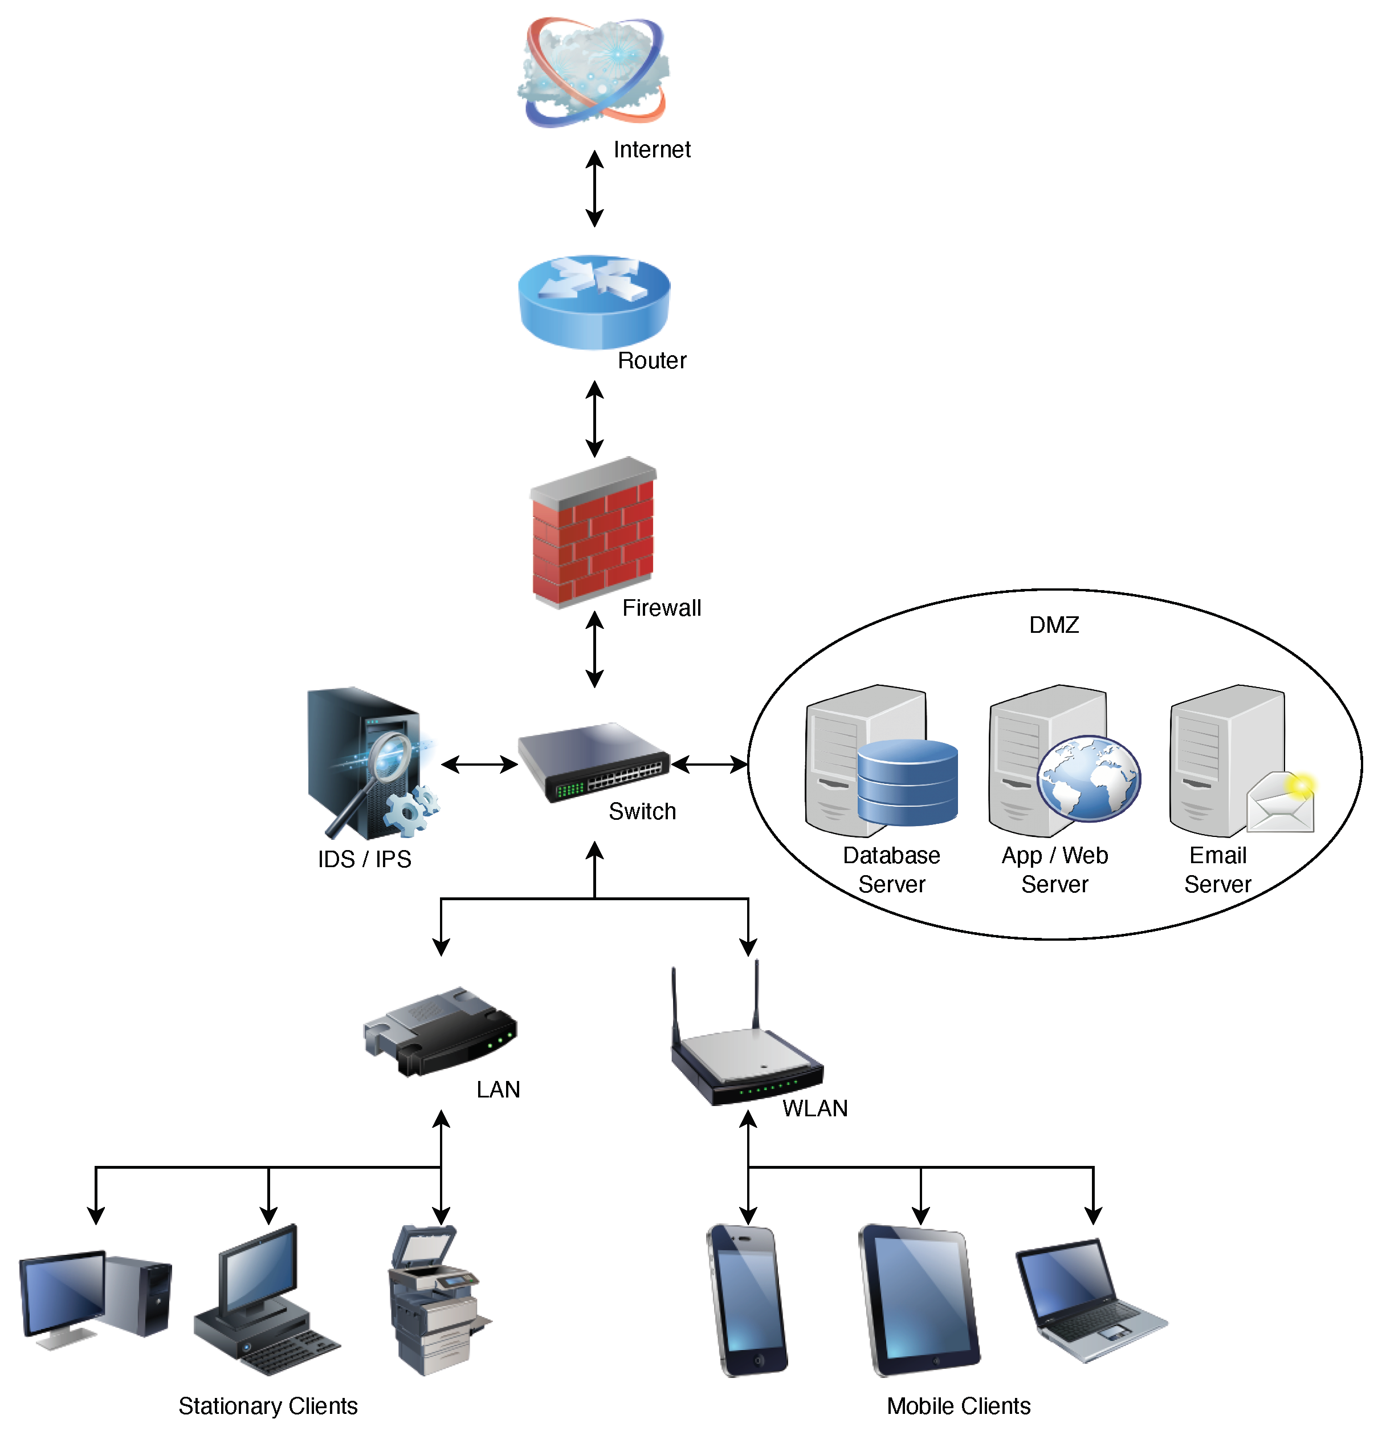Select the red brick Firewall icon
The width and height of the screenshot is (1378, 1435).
point(593,533)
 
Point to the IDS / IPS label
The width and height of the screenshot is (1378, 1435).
point(364,859)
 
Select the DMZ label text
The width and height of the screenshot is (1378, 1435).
point(1053,624)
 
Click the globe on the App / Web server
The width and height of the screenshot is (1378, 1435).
point(1088,778)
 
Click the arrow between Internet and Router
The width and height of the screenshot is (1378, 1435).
point(594,188)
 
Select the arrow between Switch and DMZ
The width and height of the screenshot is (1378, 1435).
point(708,765)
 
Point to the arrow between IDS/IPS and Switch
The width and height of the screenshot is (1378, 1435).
point(479,765)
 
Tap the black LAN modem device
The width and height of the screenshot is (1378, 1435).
point(441,1031)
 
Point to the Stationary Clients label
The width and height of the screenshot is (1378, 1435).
point(268,1406)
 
